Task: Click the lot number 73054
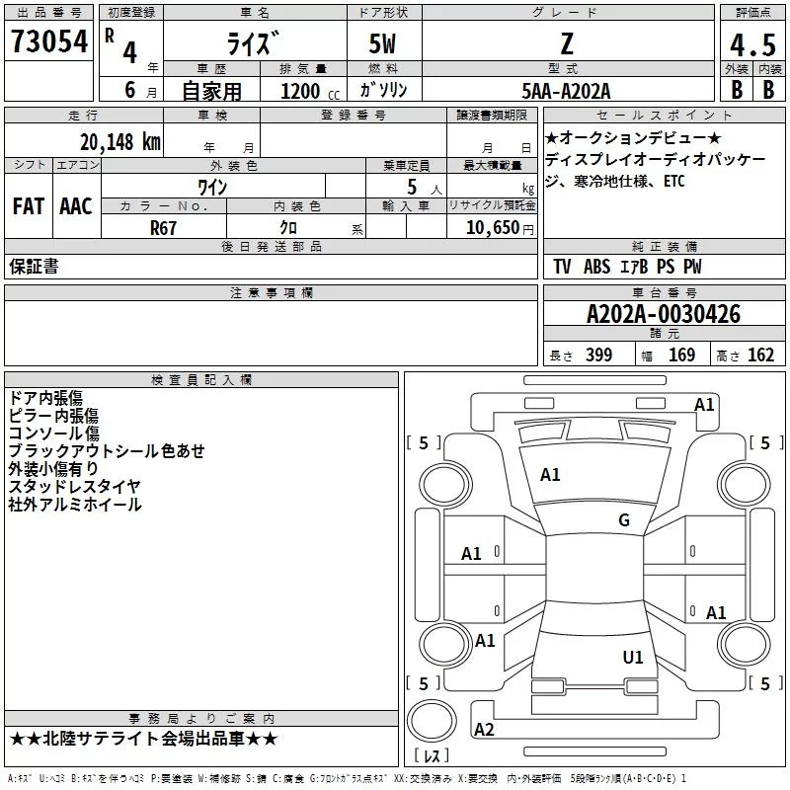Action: click(x=48, y=42)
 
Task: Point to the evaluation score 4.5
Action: click(x=750, y=45)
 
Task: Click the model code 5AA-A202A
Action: click(x=566, y=91)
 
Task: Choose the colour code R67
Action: click(x=164, y=227)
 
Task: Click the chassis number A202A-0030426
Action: click(x=663, y=315)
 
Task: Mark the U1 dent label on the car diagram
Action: click(x=633, y=657)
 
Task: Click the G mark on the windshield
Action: click(x=623, y=520)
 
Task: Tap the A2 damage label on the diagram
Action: click(x=484, y=730)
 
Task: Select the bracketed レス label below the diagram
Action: click(x=433, y=758)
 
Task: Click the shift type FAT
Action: click(x=28, y=206)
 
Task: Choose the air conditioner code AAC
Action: click(x=75, y=206)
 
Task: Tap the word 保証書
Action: click(x=34, y=266)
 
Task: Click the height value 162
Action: click(x=759, y=355)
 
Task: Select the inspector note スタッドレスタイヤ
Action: click(x=74, y=486)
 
